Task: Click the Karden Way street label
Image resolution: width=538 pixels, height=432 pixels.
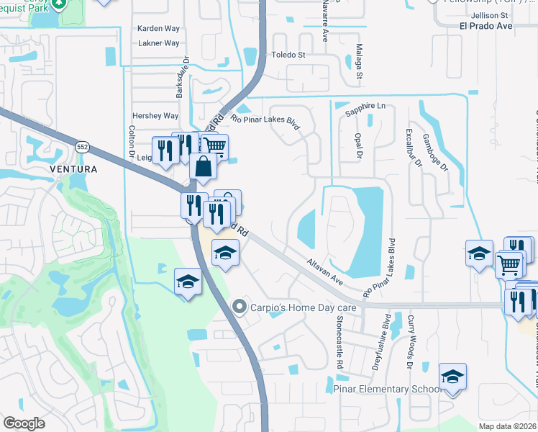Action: (x=158, y=30)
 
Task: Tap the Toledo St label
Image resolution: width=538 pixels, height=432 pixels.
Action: (x=288, y=55)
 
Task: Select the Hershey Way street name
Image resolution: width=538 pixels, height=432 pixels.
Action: (x=155, y=116)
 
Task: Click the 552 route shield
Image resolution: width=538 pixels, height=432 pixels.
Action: (x=82, y=146)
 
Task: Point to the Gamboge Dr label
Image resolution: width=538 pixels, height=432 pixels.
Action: (x=435, y=153)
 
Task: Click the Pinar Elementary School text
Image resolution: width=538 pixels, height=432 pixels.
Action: (x=387, y=389)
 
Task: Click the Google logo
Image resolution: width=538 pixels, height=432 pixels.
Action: (x=24, y=423)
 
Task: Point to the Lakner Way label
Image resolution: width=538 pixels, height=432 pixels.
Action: (x=158, y=43)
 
